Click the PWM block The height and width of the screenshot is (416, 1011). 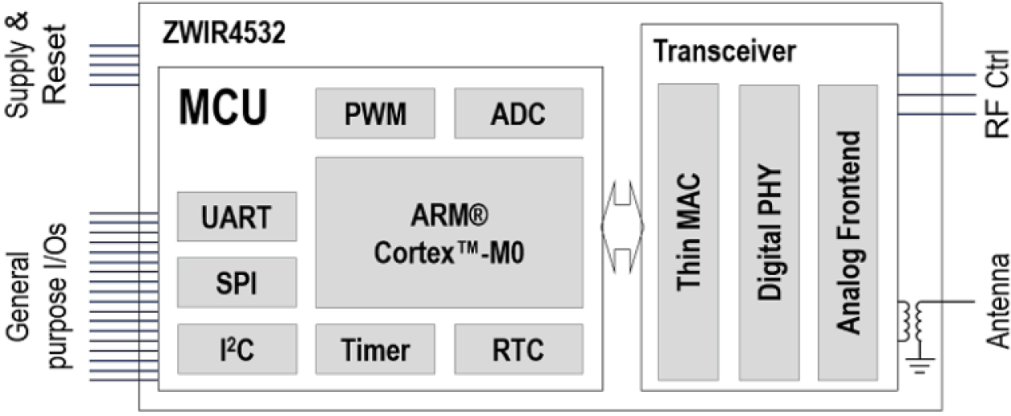click(375, 113)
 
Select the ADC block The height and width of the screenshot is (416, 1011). click(518, 113)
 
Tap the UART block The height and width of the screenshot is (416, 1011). click(237, 216)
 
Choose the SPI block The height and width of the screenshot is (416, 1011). click(237, 283)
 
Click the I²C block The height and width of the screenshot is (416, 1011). click(237, 349)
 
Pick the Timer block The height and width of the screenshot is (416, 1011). click(375, 349)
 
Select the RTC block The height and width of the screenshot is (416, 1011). click(518, 349)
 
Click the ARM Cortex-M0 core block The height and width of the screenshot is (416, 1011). click(449, 233)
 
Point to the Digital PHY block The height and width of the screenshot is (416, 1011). click(769, 232)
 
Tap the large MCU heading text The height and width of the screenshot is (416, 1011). click(222, 109)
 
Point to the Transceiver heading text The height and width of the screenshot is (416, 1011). click(724, 51)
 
